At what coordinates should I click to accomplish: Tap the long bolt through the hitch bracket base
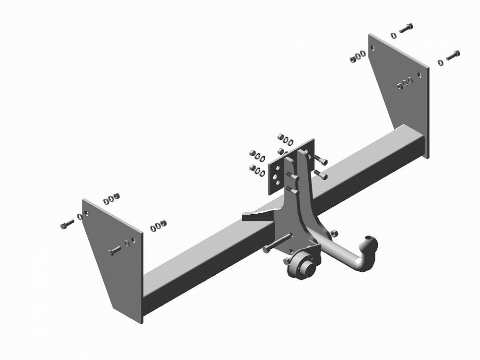(278, 243)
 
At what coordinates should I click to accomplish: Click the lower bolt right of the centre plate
(320, 174)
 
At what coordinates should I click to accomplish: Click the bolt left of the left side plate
(67, 224)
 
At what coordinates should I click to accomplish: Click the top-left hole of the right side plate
(373, 48)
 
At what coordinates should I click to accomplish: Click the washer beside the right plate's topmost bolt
(394, 35)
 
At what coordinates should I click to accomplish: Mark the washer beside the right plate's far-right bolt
(440, 62)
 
